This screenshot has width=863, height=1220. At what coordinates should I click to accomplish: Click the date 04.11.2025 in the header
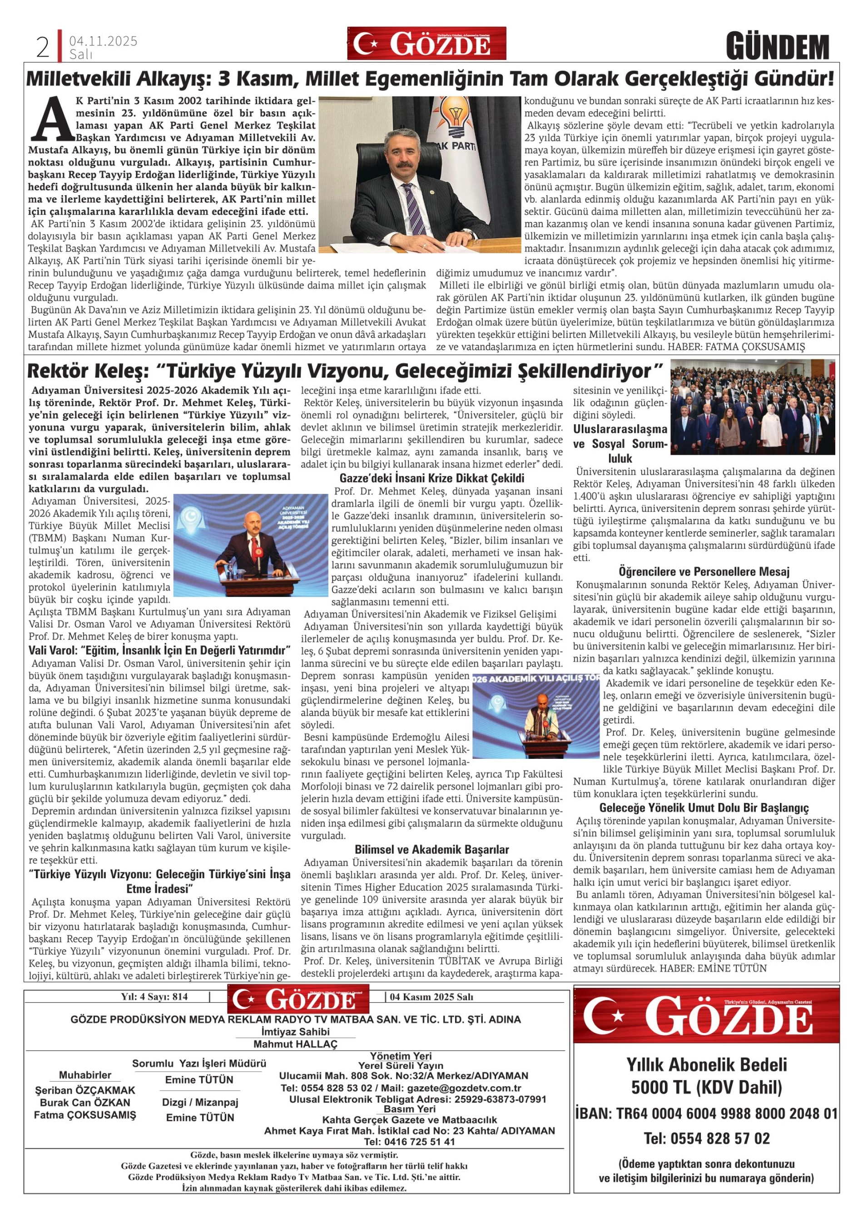[x=103, y=41]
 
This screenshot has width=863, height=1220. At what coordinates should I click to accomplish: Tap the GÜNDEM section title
[x=778, y=47]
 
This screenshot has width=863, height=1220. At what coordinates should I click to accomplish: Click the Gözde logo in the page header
[x=427, y=44]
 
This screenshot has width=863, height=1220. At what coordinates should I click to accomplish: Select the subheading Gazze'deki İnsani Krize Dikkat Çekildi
[x=432, y=477]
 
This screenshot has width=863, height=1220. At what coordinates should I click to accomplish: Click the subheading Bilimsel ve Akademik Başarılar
[x=432, y=850]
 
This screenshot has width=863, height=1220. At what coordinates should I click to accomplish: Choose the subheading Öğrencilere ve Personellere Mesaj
[x=704, y=572]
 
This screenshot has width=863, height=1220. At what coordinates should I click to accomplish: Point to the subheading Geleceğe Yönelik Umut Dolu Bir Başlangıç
[x=704, y=808]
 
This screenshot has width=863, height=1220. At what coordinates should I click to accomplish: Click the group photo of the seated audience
[x=753, y=408]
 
